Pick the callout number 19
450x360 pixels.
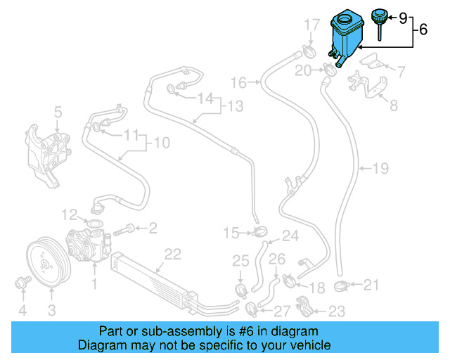click(x=380, y=169)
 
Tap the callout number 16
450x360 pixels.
click(x=238, y=83)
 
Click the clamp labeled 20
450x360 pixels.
click(x=329, y=69)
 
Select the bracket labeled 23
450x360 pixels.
click(x=302, y=307)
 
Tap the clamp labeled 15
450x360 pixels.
click(x=259, y=232)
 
